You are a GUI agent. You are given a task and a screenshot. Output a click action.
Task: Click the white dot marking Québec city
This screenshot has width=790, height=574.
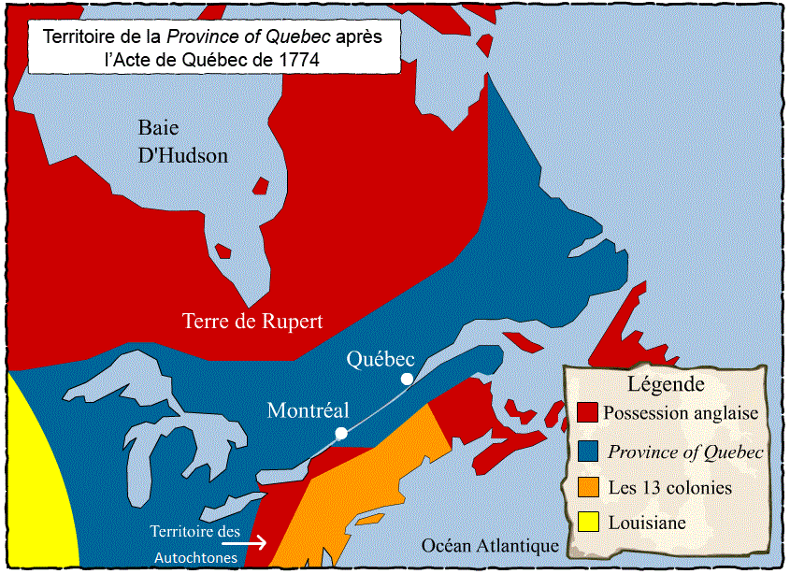407,379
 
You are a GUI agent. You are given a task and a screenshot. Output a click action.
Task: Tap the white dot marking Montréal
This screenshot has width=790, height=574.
341,433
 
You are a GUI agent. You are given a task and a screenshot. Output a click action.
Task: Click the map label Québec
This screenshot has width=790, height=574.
380,358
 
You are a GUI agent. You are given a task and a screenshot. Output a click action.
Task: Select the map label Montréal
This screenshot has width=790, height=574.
308,410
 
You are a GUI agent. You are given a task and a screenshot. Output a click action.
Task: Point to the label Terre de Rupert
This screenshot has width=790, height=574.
252,322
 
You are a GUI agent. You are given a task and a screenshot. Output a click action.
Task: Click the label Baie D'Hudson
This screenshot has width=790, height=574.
182,141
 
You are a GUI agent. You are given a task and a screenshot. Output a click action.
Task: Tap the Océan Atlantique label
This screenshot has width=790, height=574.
489,546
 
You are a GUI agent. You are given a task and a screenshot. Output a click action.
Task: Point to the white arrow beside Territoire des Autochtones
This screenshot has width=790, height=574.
254,541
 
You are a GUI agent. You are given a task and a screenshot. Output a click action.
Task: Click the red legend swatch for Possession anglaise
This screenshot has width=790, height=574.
588,412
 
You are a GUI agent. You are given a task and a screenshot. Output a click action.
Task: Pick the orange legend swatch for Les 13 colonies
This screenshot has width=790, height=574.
588,487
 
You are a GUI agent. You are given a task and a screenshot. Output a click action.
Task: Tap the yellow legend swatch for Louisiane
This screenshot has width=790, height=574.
588,523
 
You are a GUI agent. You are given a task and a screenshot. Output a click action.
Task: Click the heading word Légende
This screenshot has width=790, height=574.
666,383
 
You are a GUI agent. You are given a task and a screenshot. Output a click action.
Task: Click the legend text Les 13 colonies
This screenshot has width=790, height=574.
669,488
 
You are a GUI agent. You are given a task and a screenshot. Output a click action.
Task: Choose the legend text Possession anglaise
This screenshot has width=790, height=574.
681,412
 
